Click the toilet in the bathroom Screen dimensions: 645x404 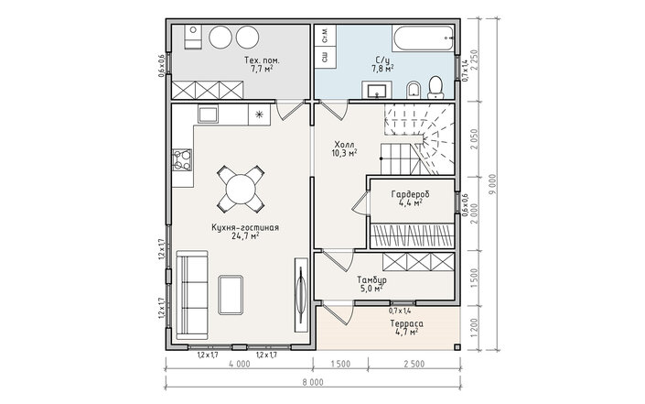point(435,87)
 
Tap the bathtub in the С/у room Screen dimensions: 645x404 point(424,39)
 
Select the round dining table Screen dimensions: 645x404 point(241,189)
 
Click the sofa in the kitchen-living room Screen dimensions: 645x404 point(192,295)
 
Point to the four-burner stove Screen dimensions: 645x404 point(182,159)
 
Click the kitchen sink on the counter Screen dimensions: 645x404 point(209,114)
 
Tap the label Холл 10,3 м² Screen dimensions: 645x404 point(344,149)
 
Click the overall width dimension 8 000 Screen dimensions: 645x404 point(314,383)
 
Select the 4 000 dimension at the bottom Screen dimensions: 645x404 point(240,364)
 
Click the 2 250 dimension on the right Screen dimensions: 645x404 point(475,60)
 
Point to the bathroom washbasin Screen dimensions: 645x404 point(377,90)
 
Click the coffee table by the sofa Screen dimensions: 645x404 point(231,295)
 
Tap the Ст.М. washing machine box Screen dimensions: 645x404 point(325,37)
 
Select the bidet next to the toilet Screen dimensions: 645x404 point(413,90)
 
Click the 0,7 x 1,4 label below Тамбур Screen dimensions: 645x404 point(400,311)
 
